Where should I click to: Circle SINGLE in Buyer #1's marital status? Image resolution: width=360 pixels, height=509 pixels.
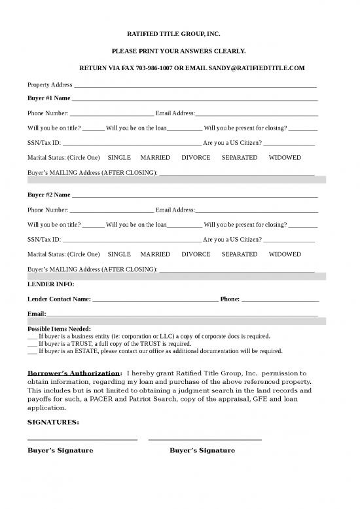[119, 158]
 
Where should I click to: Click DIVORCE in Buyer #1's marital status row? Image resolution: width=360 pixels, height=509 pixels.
[196, 158]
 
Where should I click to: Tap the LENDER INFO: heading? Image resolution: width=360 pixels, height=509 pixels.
[50, 284]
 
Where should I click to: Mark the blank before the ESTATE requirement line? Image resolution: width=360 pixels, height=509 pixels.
[31, 351]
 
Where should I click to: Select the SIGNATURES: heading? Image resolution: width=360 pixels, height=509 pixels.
[53, 422]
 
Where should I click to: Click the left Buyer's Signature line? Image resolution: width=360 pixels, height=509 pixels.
[82, 439]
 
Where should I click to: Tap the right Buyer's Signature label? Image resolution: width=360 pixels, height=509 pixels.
[202, 451]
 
